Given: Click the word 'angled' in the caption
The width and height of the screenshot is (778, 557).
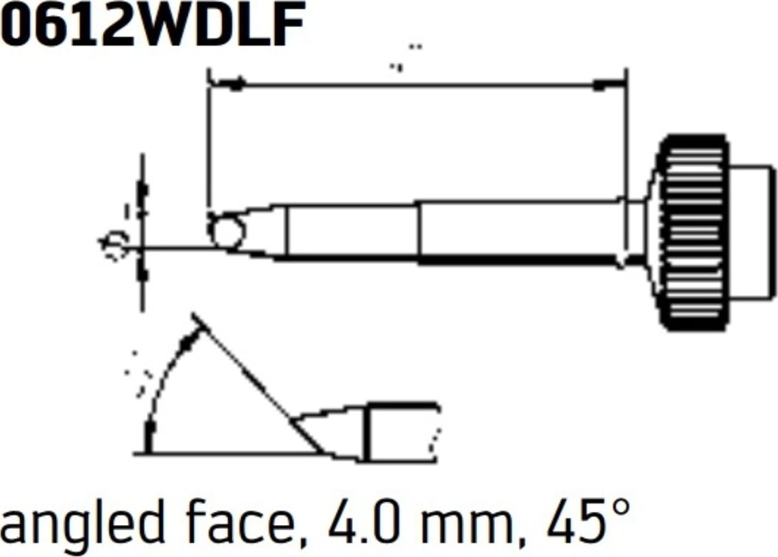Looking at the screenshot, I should (82, 523).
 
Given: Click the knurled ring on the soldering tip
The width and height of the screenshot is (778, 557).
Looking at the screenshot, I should (693, 232).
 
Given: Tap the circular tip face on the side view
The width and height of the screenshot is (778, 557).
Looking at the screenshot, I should (226, 232).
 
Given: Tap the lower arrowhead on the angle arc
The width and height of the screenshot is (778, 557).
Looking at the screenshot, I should (149, 434).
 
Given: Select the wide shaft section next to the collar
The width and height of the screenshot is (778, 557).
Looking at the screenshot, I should (519, 232).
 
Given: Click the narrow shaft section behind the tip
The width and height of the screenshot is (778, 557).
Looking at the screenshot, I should (352, 230).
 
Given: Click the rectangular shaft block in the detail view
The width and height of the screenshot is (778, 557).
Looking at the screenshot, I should (401, 431).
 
